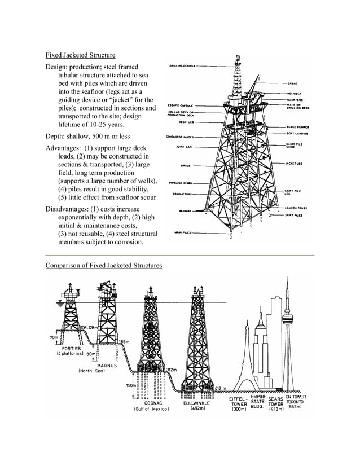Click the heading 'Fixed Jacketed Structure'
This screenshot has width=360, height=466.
point(80,55)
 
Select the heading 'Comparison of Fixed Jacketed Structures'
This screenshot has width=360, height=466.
point(103,265)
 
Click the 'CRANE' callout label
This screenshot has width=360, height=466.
point(293,83)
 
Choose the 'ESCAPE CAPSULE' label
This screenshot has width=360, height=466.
point(179,105)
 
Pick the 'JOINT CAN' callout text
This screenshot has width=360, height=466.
point(183,147)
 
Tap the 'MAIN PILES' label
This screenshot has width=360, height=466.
point(182,232)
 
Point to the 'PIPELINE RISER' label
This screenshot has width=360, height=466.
point(181,183)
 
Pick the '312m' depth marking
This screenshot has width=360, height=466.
point(172,370)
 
